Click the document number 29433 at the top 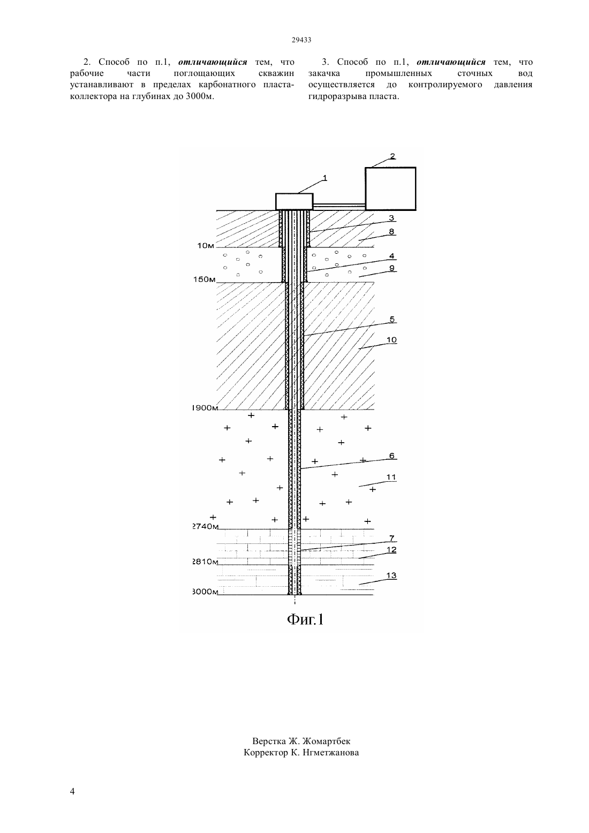(301, 40)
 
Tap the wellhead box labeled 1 (294, 201)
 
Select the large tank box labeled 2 (390, 189)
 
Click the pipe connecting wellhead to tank (339, 205)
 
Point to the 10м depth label (206, 246)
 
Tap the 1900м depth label (205, 408)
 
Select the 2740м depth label (205, 526)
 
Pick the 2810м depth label (205, 562)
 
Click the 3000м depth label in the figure (205, 592)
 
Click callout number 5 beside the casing (392, 320)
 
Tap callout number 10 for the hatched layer (391, 339)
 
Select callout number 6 (392, 456)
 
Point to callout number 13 (391, 575)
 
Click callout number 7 (391, 538)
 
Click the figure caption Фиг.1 (305, 619)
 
